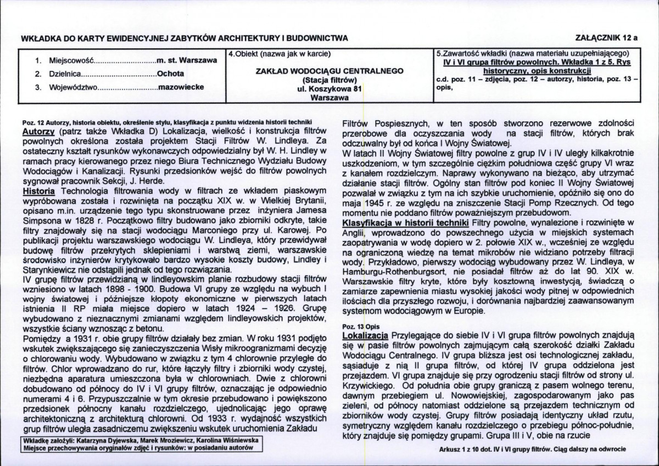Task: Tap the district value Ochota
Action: click(x=171, y=73)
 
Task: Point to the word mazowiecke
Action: click(x=181, y=87)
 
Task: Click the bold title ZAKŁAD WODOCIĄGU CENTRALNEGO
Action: click(x=330, y=71)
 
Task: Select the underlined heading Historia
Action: click(x=38, y=191)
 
